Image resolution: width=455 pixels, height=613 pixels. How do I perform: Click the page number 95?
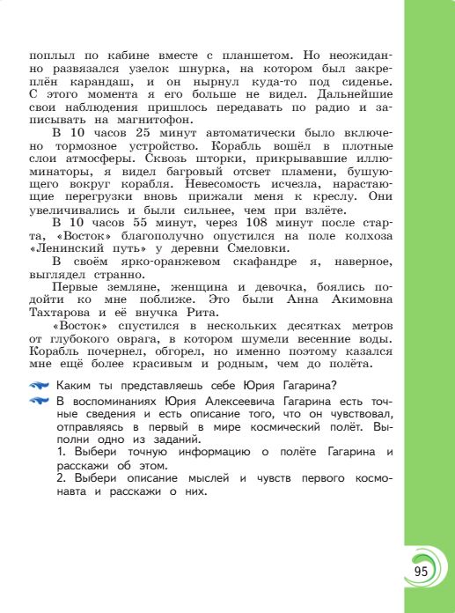[420, 572]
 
